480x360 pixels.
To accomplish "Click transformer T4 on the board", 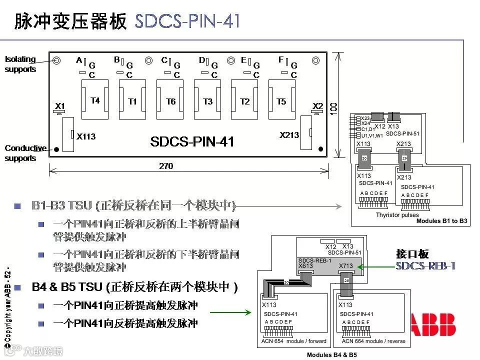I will click(x=95, y=100).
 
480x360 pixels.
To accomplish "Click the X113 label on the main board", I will click(x=86, y=136).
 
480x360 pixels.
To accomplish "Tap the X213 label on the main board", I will click(x=289, y=134).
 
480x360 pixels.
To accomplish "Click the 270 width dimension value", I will click(x=166, y=166).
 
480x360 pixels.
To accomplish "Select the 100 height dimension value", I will click(x=334, y=107).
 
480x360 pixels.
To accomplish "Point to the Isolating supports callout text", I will click(x=20, y=64).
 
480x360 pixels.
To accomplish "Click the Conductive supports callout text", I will click(x=25, y=153).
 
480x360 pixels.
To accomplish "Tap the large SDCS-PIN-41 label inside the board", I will click(x=192, y=141).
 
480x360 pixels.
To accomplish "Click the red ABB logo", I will click(x=433, y=324).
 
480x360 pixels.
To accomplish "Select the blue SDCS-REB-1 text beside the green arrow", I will click(x=425, y=266).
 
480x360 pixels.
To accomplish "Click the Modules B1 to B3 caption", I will click(x=442, y=221).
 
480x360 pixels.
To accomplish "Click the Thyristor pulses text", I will click(x=397, y=215).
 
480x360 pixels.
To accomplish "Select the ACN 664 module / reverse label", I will click(x=373, y=341).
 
